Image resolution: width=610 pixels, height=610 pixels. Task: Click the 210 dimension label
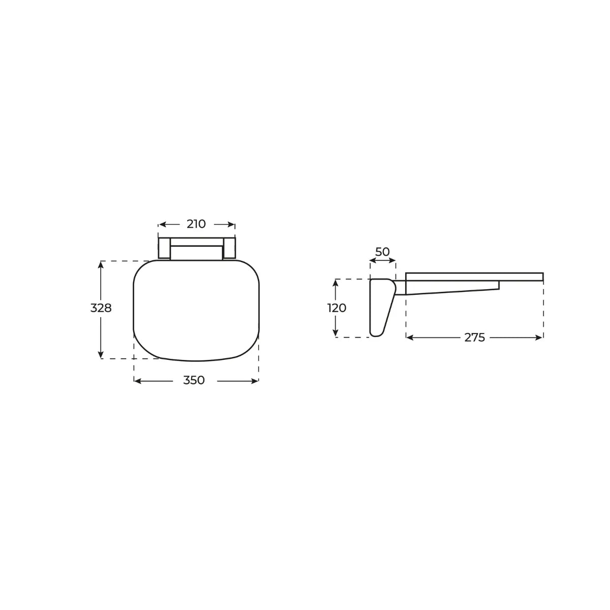click(196, 224)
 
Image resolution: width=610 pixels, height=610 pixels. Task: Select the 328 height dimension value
click(101, 308)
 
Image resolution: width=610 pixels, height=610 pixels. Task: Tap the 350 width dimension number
click(194, 380)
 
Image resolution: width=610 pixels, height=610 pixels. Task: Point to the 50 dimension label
click(382, 252)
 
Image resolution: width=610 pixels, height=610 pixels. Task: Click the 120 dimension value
click(336, 308)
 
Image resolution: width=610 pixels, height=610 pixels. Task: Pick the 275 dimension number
click(474, 338)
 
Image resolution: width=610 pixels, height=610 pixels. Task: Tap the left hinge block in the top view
click(164, 249)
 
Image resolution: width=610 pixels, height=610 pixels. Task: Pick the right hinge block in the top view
click(229, 249)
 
